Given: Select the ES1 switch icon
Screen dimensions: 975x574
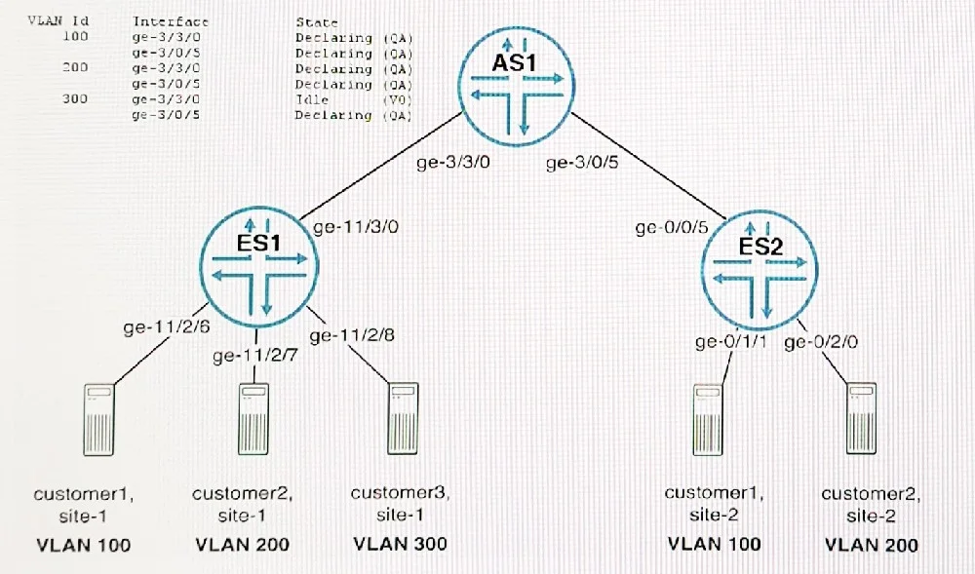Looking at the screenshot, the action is [259, 266].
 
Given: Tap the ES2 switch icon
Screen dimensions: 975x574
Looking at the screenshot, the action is [760, 271].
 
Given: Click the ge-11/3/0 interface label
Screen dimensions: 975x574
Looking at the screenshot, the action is [356, 227].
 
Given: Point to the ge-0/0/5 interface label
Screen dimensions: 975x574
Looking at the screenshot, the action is [672, 228].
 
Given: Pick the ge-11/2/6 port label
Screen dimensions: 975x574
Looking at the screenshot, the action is [167, 326].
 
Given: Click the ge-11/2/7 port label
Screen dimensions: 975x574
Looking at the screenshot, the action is [254, 356].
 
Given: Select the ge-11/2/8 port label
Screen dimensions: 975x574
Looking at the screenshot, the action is [352, 335].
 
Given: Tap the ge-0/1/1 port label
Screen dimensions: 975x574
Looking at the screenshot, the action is [731, 342].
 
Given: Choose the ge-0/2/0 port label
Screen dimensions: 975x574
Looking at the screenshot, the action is [821, 342].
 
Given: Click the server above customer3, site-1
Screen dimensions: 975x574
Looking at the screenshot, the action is [403, 419].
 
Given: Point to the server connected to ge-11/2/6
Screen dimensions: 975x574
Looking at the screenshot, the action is [98, 419].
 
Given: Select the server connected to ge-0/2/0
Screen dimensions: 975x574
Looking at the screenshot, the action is [861, 419].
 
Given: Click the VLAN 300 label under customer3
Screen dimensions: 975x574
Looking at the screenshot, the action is [400, 544].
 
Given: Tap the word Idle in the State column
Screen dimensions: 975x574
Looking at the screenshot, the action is [312, 99].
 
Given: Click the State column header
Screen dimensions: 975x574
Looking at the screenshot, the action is [317, 22].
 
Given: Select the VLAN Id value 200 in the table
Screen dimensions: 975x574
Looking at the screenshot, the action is [75, 67].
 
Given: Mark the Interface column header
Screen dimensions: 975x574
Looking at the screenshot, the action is [171, 21].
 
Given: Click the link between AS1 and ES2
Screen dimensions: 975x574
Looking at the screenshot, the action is [648, 167].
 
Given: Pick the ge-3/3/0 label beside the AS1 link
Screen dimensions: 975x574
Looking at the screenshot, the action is [453, 163].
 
